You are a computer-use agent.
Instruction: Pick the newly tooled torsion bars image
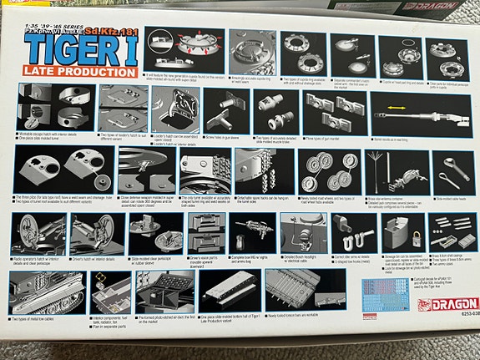coord(296,289)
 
